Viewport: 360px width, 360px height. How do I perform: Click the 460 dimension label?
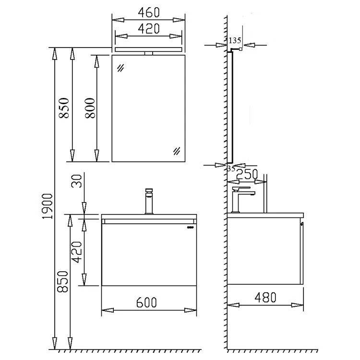click(x=148, y=12)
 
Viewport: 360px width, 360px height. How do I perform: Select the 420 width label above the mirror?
click(x=148, y=29)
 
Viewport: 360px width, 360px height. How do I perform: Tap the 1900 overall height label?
click(x=48, y=206)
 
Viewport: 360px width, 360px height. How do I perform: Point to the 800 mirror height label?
click(x=90, y=108)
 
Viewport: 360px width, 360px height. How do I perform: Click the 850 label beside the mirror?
click(x=63, y=108)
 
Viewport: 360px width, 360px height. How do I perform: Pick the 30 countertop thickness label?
click(x=77, y=181)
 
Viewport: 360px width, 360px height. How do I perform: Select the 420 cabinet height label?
click(x=77, y=252)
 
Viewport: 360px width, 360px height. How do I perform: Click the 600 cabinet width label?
click(x=146, y=302)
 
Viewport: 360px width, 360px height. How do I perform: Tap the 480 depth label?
click(x=265, y=298)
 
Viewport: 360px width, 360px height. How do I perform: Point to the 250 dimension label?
click(x=247, y=174)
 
